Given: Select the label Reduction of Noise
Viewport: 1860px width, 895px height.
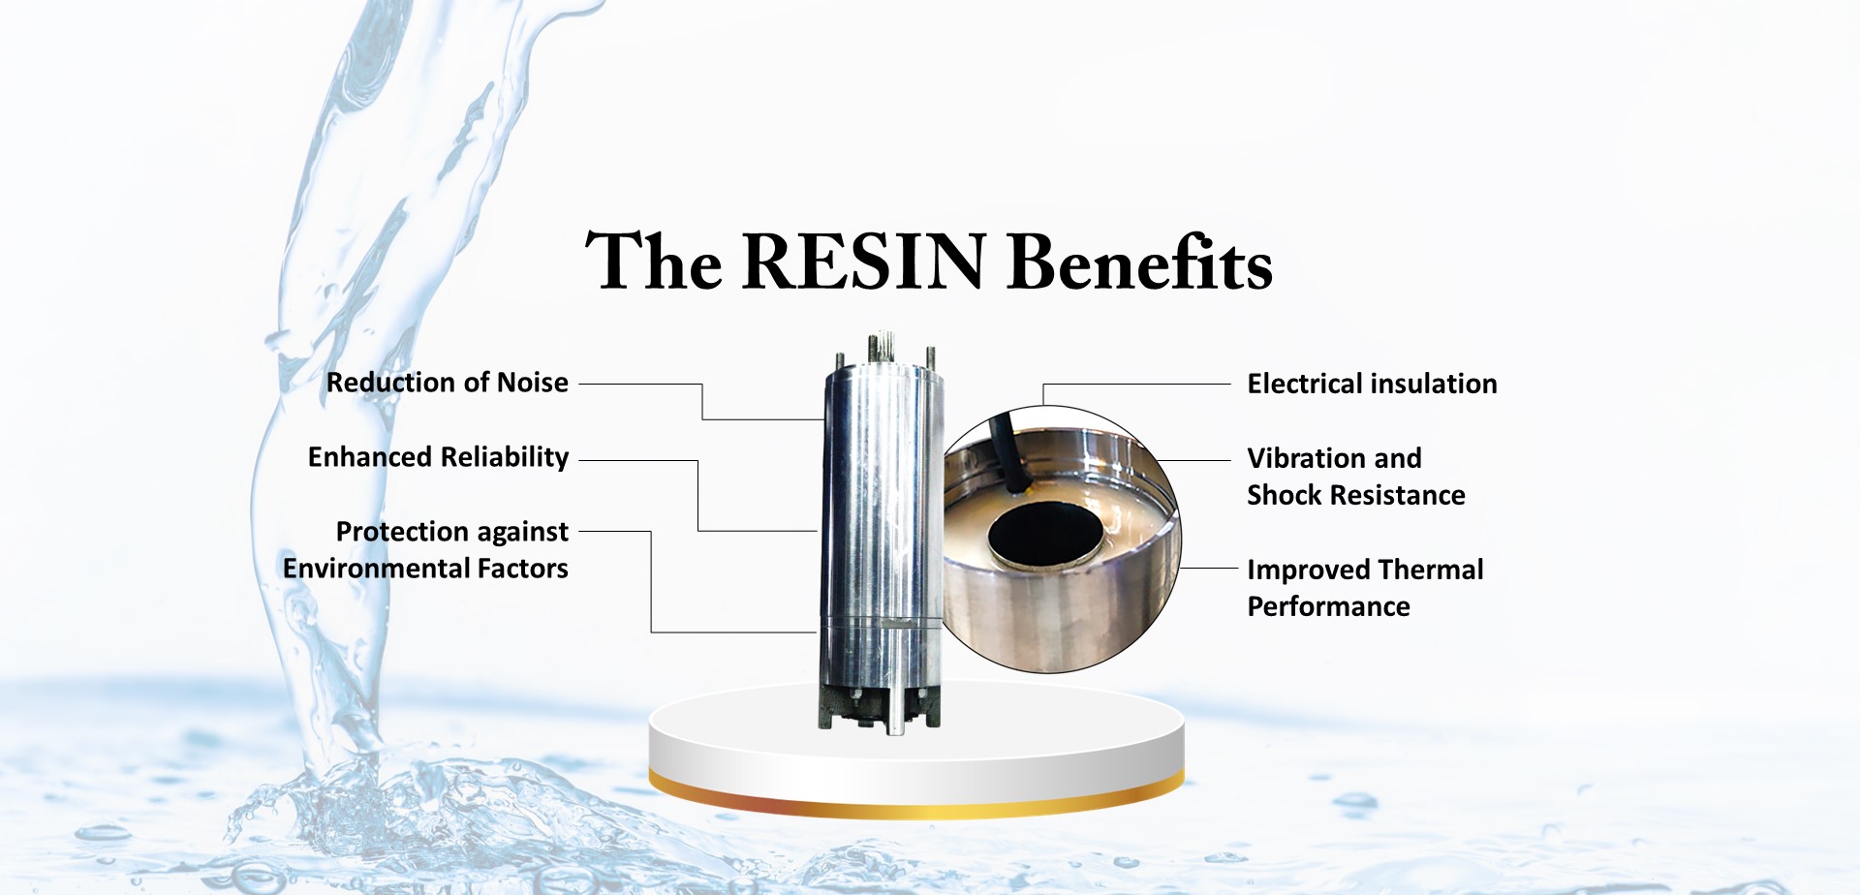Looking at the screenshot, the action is tap(447, 383).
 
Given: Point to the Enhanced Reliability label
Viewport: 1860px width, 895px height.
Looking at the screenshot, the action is tap(438, 457).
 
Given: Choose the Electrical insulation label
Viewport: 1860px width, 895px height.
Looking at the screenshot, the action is tap(1372, 384).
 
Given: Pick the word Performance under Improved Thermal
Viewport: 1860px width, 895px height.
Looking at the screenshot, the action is tap(1328, 606).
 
